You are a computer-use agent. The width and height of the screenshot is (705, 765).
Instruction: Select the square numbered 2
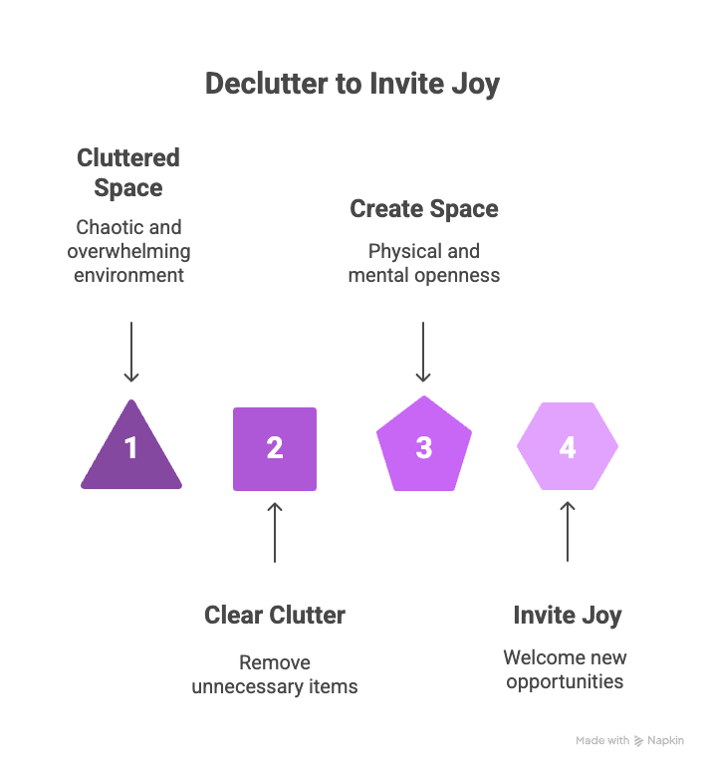(275, 448)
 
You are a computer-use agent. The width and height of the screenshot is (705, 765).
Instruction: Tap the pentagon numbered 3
(423, 447)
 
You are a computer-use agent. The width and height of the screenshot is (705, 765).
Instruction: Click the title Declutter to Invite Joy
(352, 83)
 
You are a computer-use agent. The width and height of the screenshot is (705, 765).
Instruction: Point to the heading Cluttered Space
(128, 172)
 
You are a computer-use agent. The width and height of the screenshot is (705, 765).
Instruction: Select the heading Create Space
(423, 209)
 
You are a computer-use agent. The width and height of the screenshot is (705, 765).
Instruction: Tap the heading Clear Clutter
(275, 615)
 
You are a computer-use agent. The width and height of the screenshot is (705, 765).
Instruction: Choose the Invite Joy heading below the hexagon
(567, 615)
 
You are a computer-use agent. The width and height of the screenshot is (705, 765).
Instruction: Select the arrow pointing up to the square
(275, 532)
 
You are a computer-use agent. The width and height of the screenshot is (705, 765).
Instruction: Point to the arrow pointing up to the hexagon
(568, 532)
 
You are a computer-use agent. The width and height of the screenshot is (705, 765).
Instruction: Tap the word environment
(129, 275)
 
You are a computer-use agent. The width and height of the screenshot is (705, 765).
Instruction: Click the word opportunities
(565, 681)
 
